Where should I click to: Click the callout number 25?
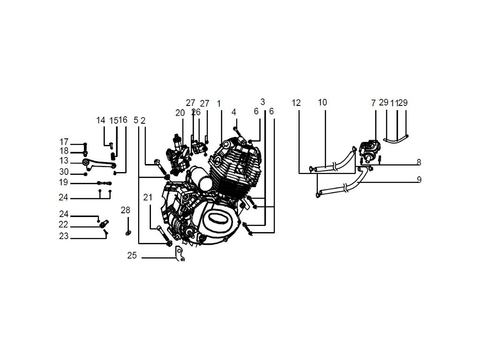click(x=132, y=256)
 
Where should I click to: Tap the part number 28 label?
click(x=125, y=210)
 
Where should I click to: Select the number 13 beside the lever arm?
click(x=64, y=161)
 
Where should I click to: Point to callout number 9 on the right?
click(x=419, y=180)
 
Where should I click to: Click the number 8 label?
click(x=419, y=162)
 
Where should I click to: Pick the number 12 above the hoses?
click(x=296, y=103)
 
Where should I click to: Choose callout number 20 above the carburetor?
click(x=180, y=113)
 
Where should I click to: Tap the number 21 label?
click(x=148, y=198)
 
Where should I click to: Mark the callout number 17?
click(x=64, y=142)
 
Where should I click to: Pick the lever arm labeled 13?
click(x=98, y=163)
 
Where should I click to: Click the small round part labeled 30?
click(x=85, y=174)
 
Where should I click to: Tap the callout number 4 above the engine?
click(x=233, y=112)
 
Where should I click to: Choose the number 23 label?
click(x=64, y=237)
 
